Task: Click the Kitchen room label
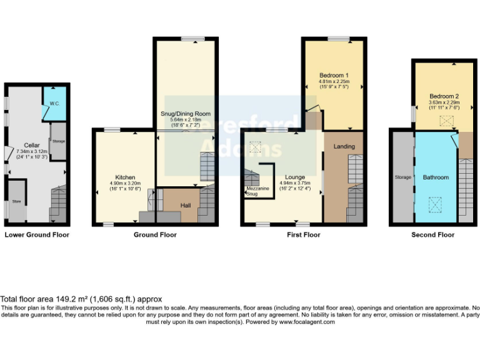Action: coord(125,177)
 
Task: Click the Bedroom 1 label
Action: coord(333,75)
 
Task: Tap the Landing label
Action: coord(344,146)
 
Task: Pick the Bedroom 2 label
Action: coord(444,96)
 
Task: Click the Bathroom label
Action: coord(435,177)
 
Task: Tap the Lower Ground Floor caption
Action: coord(37,235)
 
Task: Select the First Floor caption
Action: coord(302,235)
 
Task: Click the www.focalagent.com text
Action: coord(306,322)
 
